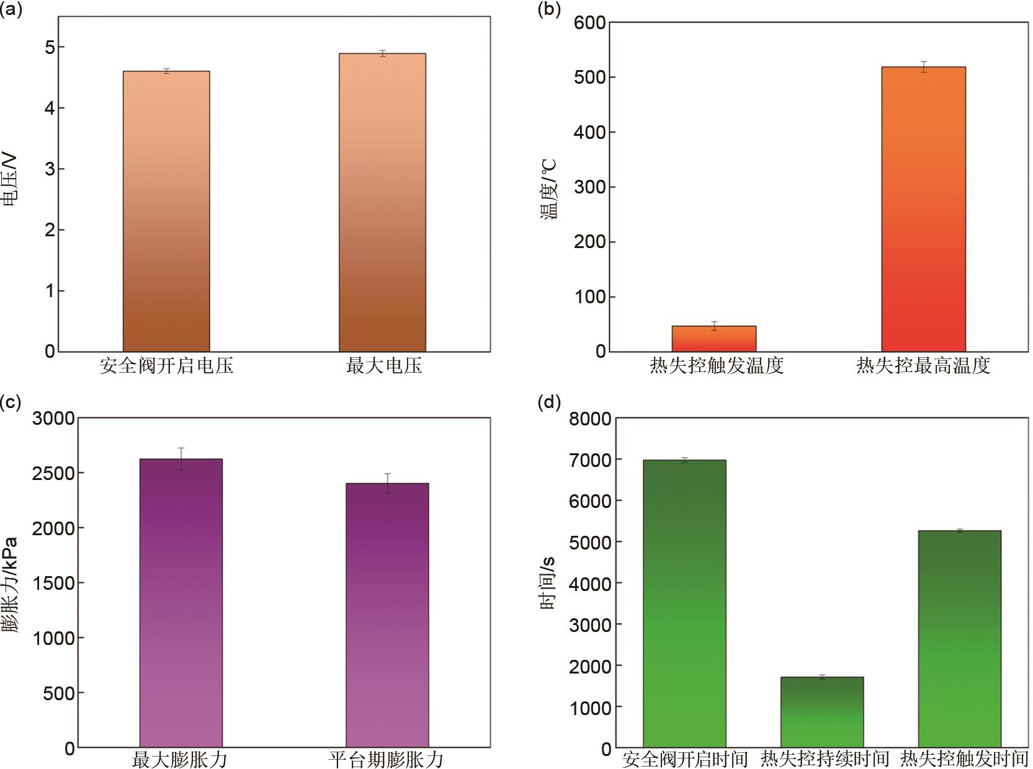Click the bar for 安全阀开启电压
[166, 211]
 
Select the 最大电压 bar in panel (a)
[382, 202]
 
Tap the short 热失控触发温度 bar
[713, 339]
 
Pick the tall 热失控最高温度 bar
[923, 209]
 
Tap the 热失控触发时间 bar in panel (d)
[959, 639]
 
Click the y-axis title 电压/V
[10, 180]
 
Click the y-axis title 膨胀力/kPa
[10, 583]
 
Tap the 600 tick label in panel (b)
[590, 23]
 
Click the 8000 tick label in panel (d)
[590, 419]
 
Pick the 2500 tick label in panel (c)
[54, 473]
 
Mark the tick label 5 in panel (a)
[50, 48]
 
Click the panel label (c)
[10, 402]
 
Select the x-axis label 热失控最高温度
[923, 366]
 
